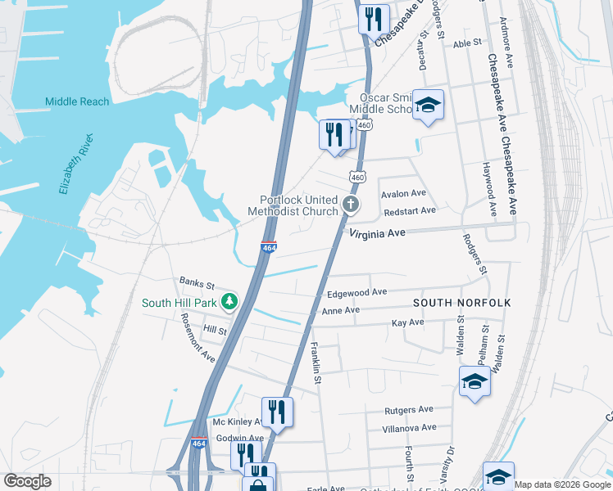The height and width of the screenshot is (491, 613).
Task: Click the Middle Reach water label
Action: click(77, 101)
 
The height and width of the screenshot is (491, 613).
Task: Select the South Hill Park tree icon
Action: click(231, 302)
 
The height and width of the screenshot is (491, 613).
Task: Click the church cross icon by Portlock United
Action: click(351, 205)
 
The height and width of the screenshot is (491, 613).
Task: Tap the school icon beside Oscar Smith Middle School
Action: click(427, 105)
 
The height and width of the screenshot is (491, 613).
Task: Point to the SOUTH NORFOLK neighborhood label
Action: click(461, 303)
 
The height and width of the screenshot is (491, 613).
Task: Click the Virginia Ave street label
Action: click(378, 233)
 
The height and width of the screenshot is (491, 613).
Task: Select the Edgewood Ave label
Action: click(356, 292)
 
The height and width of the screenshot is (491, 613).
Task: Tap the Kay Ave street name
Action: click(407, 322)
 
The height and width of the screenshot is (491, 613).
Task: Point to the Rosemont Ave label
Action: click(197, 339)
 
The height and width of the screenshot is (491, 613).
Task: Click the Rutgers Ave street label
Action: click(408, 410)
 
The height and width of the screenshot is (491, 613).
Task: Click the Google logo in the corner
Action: click(27, 481)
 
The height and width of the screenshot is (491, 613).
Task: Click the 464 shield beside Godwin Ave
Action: click(198, 443)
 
